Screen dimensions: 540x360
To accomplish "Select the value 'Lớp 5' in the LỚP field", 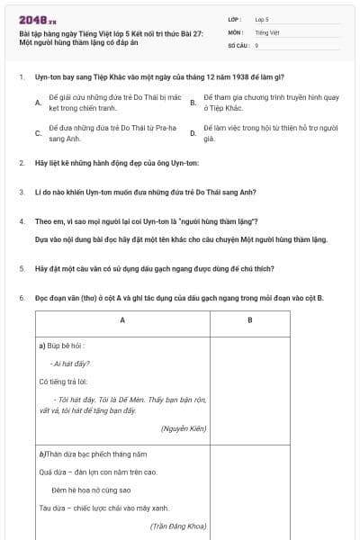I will point(262,19).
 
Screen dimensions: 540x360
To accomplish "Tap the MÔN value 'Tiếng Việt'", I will point(266,31).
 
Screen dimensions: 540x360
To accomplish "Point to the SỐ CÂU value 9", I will point(257,44).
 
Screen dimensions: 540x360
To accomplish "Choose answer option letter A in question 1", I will point(38,103).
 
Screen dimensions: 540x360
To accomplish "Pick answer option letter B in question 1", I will point(193,103).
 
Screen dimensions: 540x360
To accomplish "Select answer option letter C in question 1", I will point(38,135).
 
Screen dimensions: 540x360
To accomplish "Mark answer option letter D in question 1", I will point(193,135).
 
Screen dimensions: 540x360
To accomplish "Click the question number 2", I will point(21,163).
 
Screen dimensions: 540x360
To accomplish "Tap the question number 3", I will point(21,192).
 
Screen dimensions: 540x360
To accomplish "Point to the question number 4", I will point(21,221).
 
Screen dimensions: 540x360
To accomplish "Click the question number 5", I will point(21,268).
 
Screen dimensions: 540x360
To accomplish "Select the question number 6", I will point(21,297).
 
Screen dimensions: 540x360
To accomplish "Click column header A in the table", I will point(122,320).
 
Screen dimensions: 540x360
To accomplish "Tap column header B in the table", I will point(249,320).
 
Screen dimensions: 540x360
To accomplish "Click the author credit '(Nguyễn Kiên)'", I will point(184,428).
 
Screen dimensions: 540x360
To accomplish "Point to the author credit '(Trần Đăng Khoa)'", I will point(179,525).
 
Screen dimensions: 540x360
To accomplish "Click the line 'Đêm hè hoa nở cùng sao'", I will point(90,490).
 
